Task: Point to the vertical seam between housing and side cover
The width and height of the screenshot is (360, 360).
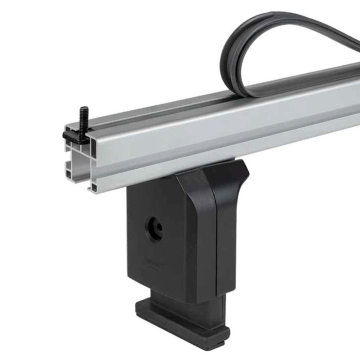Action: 218,243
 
